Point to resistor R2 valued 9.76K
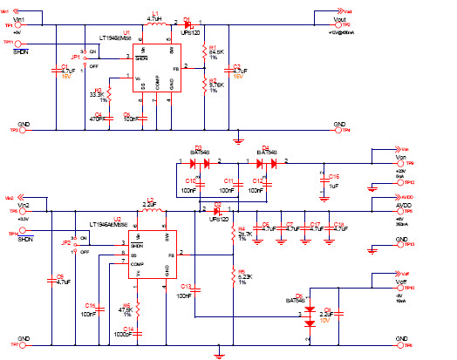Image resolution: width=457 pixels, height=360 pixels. click(202, 85)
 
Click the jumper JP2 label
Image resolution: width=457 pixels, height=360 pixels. click(66, 243)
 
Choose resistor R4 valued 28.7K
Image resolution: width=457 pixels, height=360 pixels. click(233, 235)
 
